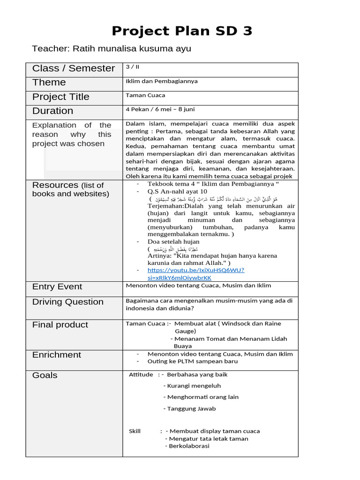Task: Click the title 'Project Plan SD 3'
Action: [182, 31]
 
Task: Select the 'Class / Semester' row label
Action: [74, 68]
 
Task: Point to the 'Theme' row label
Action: [49, 82]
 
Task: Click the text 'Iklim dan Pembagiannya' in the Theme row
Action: [162, 81]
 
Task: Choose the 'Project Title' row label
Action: [60, 97]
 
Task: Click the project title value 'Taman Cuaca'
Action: [145, 95]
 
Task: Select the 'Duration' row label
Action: [52, 111]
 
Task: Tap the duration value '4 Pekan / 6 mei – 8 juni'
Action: [160, 109]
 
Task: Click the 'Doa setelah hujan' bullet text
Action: [173, 241]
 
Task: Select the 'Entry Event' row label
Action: [57, 287]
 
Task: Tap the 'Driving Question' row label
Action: [68, 302]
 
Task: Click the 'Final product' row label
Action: [60, 325]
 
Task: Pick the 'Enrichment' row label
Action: [57, 355]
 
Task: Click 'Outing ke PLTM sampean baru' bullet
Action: [192, 361]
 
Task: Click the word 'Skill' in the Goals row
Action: [135, 431]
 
